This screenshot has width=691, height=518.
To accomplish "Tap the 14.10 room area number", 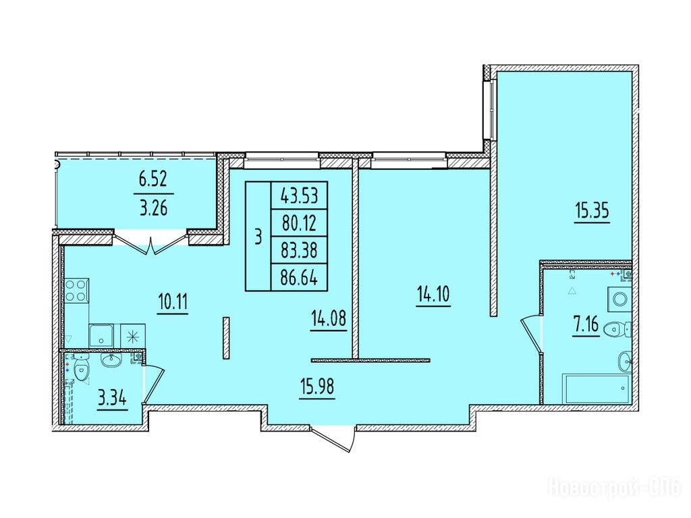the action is pos(433,294).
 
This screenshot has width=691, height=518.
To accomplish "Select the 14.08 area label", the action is pos(329,318).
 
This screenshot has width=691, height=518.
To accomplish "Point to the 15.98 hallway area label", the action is pos(317,387).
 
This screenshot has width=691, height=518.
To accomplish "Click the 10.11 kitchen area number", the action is pos(173,302).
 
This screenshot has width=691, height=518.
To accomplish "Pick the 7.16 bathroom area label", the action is pos(586,325).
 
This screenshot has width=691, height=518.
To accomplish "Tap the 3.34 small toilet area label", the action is pos(113,399).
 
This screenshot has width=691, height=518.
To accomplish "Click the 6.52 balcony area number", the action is pos(153,180).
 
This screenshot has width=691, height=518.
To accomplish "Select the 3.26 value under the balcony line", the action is pos(153,208).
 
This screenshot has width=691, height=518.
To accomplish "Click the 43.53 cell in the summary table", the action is pos(299,195).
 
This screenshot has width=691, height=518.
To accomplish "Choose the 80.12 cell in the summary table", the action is pos(299,223).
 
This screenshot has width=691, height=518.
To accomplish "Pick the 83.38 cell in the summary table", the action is pos(299,250).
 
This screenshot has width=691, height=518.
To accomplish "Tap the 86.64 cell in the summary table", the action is pos(299,278).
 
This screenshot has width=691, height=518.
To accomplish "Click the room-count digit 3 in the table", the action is pos(258,237).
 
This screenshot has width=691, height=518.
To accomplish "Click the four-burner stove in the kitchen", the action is pos(77,290).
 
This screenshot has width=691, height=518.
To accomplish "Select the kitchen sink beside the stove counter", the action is pos(101,336).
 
